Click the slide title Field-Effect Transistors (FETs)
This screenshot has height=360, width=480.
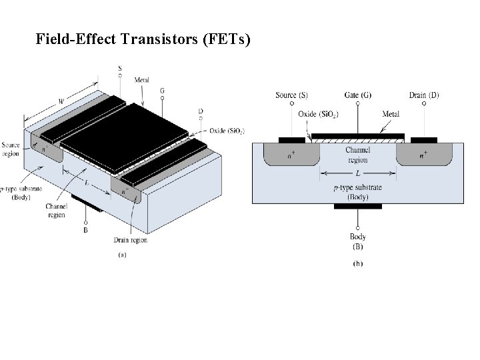pyautogui.click(x=143, y=39)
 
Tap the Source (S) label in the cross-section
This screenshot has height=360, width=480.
pyautogui.click(x=291, y=95)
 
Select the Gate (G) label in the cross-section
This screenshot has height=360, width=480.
pyautogui.click(x=358, y=95)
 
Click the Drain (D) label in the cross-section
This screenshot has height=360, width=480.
pyautogui.click(x=425, y=95)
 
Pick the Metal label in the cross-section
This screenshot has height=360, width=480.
pyautogui.click(x=391, y=114)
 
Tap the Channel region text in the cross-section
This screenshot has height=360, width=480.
pyautogui.click(x=358, y=155)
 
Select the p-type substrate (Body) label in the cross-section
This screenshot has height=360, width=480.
pyautogui.click(x=358, y=192)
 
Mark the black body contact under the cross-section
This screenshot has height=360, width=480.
pyautogui.click(x=358, y=206)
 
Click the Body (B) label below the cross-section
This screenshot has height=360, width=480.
pyautogui.click(x=358, y=241)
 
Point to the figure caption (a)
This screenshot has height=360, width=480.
pyautogui.click(x=123, y=255)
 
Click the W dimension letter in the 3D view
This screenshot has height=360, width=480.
pyautogui.click(x=62, y=101)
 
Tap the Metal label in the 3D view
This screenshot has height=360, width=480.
pyautogui.click(x=142, y=81)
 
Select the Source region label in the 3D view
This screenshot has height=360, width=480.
pyautogui.click(x=11, y=148)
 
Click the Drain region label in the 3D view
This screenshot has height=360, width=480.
pyautogui.click(x=131, y=239)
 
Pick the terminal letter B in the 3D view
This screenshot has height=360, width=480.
pyautogui.click(x=85, y=231)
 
